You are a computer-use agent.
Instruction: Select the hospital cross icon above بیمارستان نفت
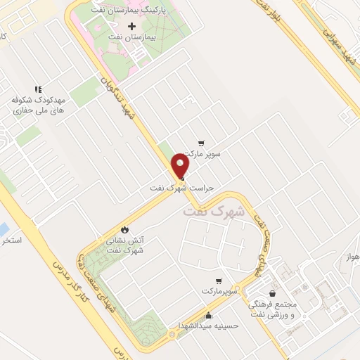tap(131, 26)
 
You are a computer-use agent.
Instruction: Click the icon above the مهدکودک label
tap(38, 89)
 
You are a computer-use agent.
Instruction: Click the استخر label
tap(12, 240)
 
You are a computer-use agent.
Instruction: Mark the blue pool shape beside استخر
tap(3, 230)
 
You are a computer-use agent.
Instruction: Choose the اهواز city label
tap(353, 257)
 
